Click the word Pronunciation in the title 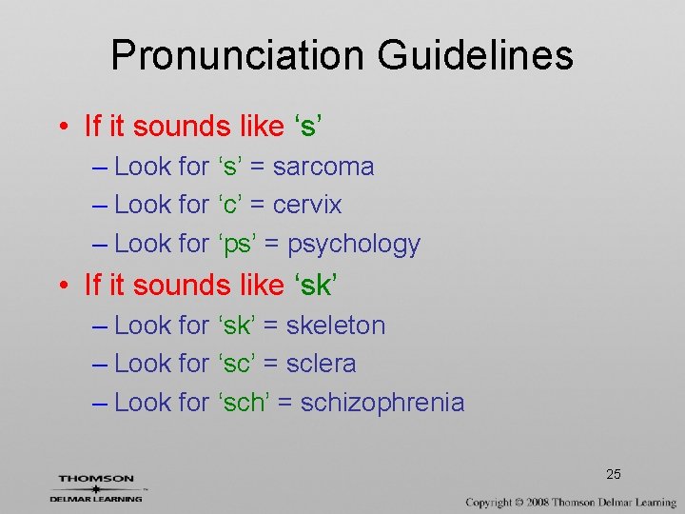pyautogui.click(x=238, y=55)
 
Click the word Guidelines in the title pyautogui.click(x=476, y=55)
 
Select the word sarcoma pyautogui.click(x=323, y=167)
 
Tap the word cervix pyautogui.click(x=307, y=205)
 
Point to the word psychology pyautogui.click(x=354, y=245)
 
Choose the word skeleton pyautogui.click(x=336, y=326)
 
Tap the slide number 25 pyautogui.click(x=614, y=474)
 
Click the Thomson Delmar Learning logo pyautogui.click(x=96, y=487)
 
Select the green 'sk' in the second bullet pyautogui.click(x=318, y=285)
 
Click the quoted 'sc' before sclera pyautogui.click(x=237, y=364)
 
